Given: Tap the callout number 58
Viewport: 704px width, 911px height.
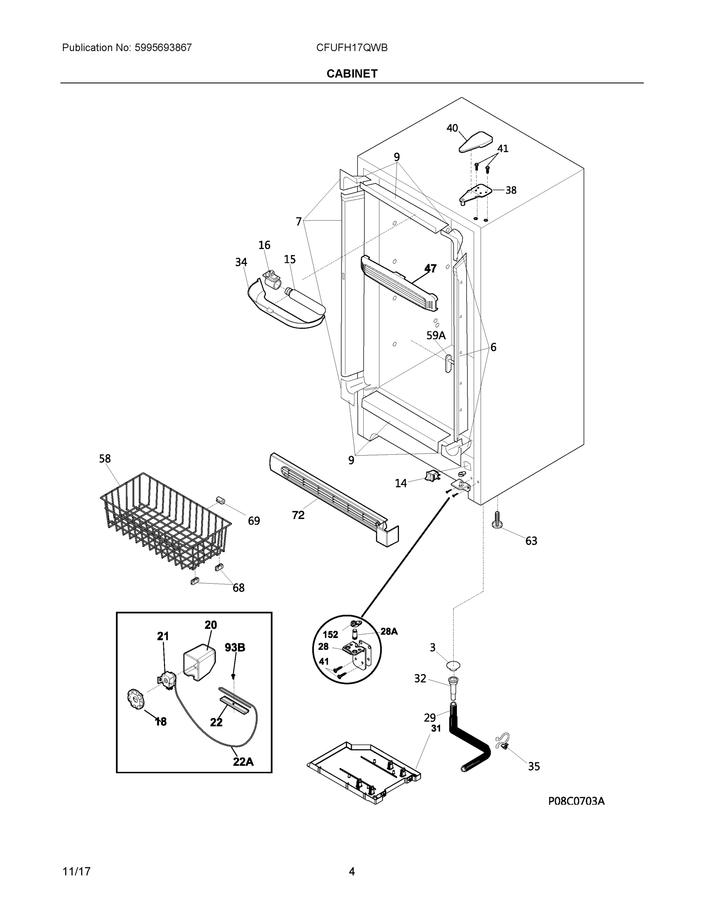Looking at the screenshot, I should (105, 459).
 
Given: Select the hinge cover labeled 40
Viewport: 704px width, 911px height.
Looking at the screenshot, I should (476, 142).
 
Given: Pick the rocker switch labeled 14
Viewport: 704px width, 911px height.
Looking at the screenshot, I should (432, 476).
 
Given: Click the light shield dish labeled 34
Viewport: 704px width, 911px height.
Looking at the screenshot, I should (283, 313).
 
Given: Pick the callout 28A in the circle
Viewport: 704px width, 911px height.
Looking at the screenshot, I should (389, 632).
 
